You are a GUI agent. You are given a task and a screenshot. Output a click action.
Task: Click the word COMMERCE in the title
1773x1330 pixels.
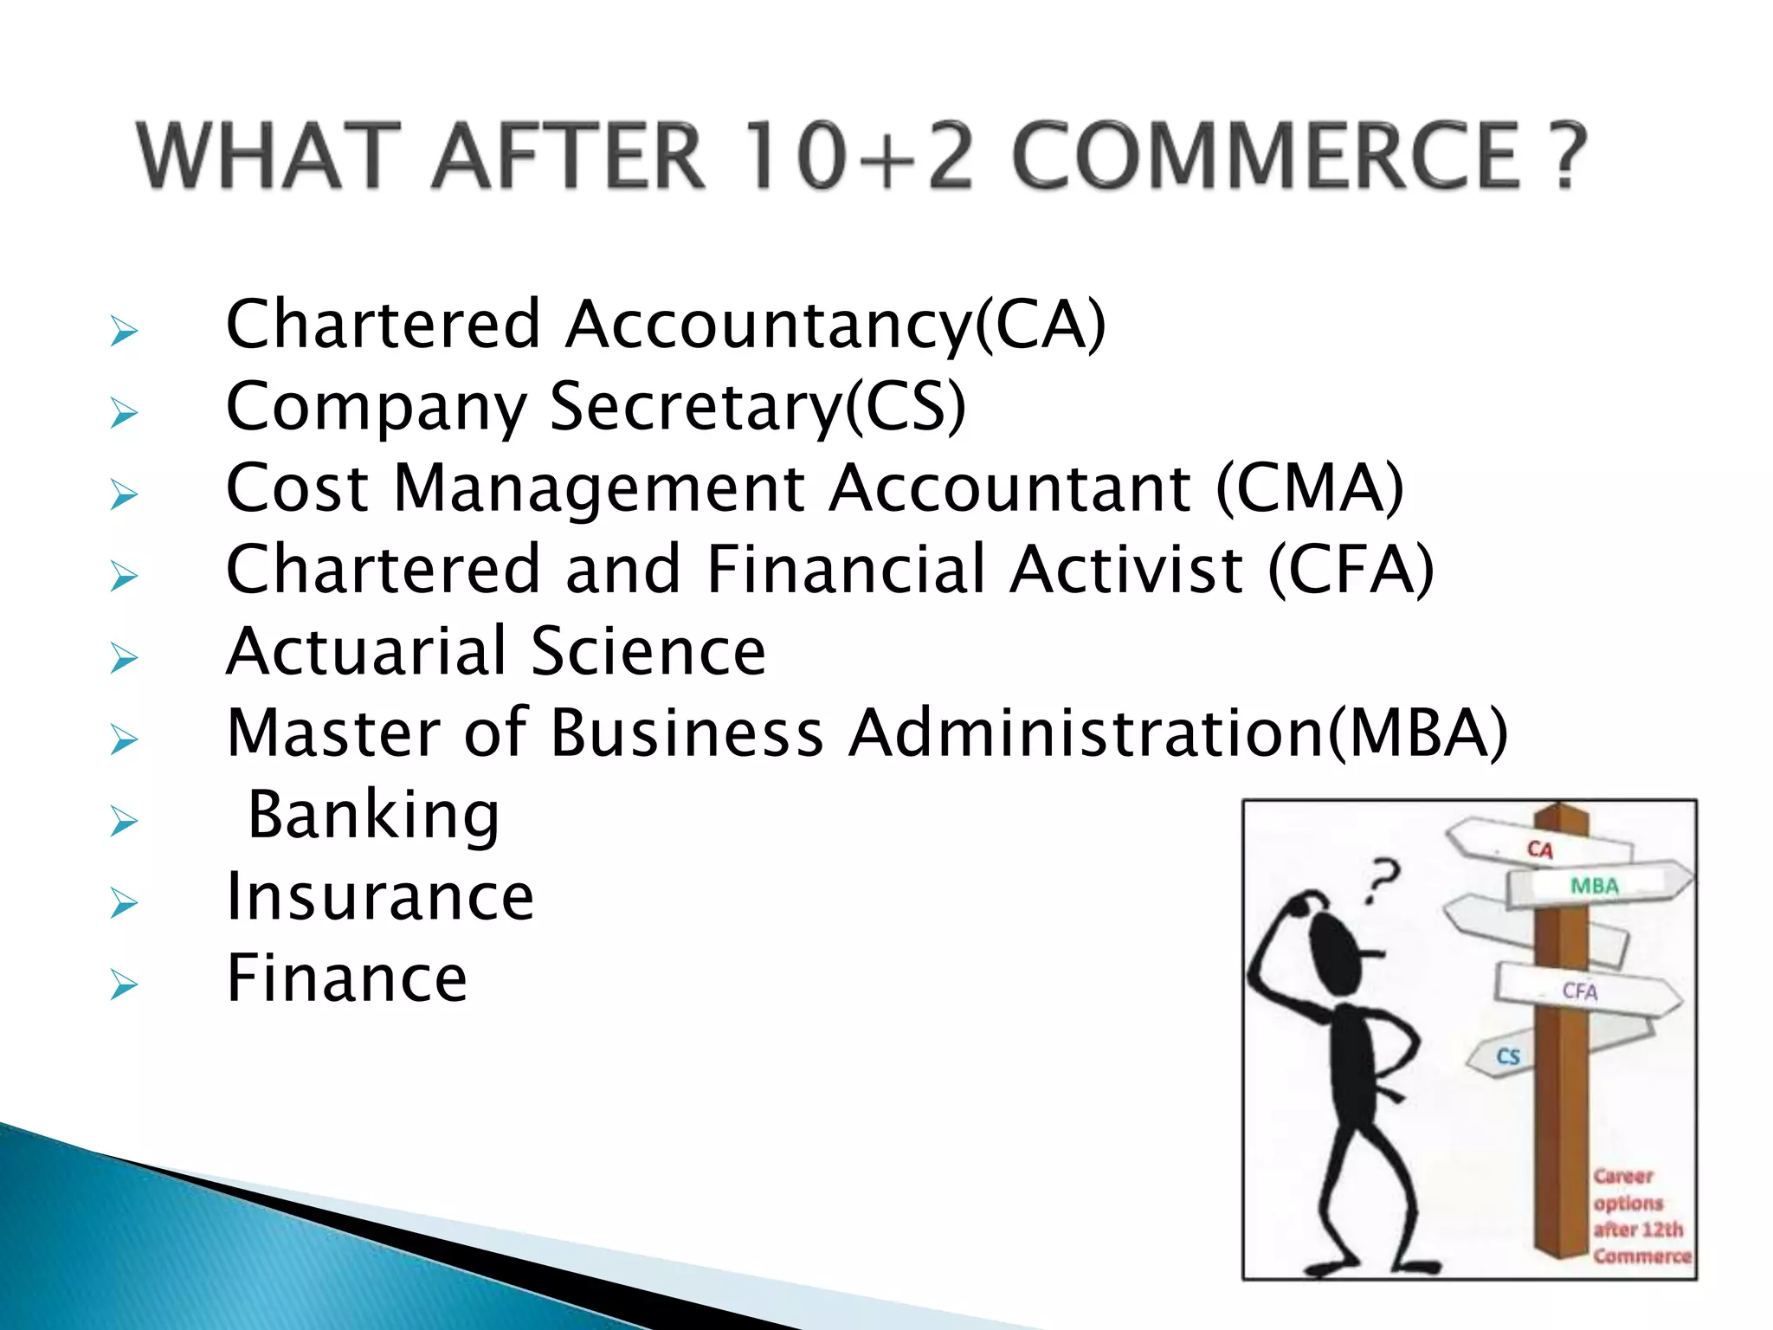tap(1266, 156)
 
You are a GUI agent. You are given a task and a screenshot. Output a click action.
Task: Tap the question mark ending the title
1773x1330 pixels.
tap(1565, 156)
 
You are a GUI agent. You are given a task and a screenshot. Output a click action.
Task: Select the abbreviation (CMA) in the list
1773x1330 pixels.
tap(1309, 488)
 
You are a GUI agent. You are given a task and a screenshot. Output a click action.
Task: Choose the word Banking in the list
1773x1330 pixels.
tap(373, 816)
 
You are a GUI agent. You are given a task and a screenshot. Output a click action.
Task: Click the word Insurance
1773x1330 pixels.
tap(380, 897)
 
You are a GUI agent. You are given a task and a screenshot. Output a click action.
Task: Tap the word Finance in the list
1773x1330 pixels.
tap(346, 978)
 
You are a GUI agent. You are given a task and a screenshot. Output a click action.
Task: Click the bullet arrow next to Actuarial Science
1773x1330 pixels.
tap(124, 658)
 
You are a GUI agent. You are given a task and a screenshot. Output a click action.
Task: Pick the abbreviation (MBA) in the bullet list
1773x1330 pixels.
tap(1418, 734)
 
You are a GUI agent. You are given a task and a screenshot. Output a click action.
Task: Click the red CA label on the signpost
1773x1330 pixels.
tap(1539, 849)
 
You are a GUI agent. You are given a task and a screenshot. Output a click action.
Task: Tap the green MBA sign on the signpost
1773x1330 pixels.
tap(1594, 886)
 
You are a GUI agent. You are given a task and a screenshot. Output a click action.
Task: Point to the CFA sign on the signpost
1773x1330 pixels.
tap(1580, 991)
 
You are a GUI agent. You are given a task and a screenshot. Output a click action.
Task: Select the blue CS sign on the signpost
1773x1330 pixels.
tap(1507, 1056)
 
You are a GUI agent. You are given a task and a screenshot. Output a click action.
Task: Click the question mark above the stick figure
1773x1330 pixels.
tap(1382, 880)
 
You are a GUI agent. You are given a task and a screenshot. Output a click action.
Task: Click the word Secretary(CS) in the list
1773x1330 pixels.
tap(758, 407)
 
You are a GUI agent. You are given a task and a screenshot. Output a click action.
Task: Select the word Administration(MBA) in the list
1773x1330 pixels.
tap(1177, 734)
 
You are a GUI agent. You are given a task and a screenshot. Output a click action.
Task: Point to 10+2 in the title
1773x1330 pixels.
tap(857, 156)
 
